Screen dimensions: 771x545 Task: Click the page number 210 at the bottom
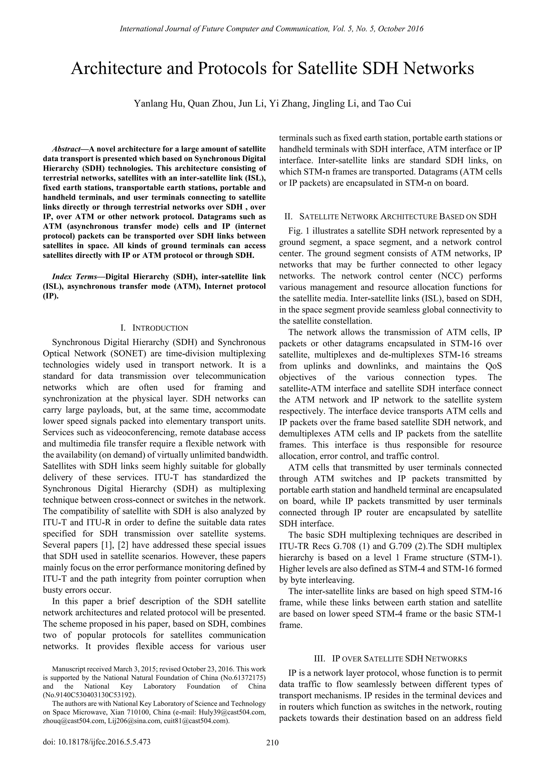[272, 743]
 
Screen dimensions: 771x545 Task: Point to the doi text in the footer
[97, 742]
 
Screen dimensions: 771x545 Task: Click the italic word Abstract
[66, 149]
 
